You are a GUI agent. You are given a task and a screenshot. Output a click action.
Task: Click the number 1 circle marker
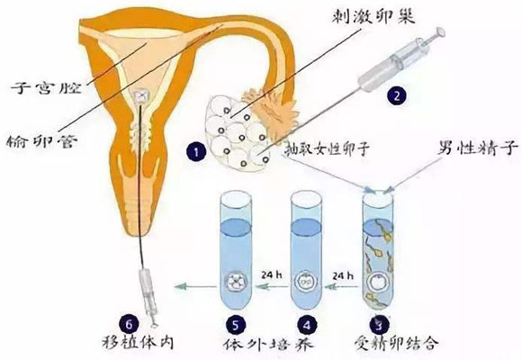click(196, 152)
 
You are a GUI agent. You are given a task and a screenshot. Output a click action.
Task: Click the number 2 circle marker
click(397, 95)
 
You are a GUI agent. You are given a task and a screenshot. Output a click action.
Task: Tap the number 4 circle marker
click(307, 325)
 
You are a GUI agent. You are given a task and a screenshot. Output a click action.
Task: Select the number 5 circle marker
click(236, 325)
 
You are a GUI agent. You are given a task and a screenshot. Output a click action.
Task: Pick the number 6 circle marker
click(129, 324)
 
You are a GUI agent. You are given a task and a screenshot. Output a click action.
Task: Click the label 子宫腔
click(46, 87)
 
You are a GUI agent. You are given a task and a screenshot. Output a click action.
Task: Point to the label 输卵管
click(42, 141)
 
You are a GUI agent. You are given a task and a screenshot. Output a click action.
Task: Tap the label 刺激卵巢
click(373, 14)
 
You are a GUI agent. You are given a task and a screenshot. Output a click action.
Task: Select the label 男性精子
click(478, 148)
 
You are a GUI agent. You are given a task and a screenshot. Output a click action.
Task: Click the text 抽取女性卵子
click(327, 148)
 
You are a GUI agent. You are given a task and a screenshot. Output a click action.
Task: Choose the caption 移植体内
click(139, 342)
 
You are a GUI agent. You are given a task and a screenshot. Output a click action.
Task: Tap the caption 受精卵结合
click(395, 342)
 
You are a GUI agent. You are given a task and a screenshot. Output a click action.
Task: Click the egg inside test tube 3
click(378, 283)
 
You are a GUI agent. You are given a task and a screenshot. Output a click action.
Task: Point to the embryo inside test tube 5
click(236, 283)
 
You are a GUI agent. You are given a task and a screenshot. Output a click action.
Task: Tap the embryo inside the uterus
click(141, 96)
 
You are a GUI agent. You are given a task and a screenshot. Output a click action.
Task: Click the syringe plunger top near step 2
click(441, 31)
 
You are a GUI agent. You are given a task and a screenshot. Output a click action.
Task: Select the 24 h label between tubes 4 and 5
click(271, 275)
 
